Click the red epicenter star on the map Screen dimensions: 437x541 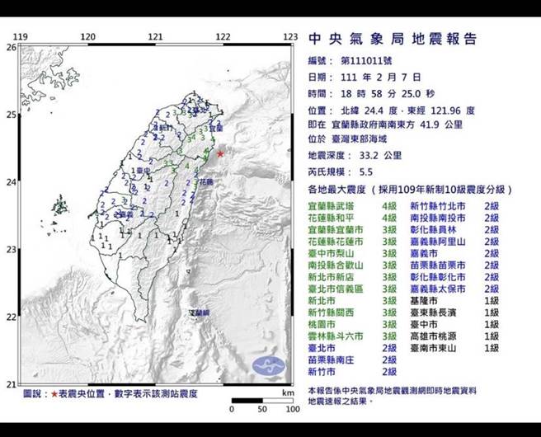(220, 153)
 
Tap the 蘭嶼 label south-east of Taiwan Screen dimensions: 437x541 (200, 314)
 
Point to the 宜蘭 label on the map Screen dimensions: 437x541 (215, 129)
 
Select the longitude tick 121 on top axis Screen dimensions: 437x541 (155, 37)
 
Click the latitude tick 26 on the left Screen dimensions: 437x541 (12, 47)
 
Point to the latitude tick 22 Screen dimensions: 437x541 (12, 317)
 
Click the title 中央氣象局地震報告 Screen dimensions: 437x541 (392, 40)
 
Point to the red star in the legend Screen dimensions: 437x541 (55, 395)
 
